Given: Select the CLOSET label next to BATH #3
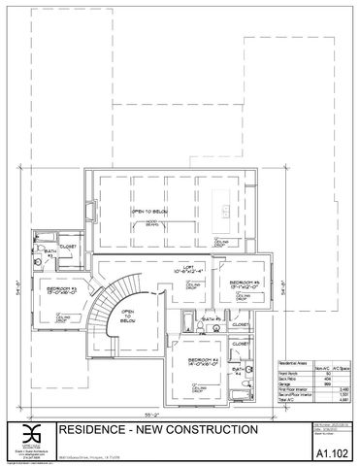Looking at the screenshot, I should tap(67, 246).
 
